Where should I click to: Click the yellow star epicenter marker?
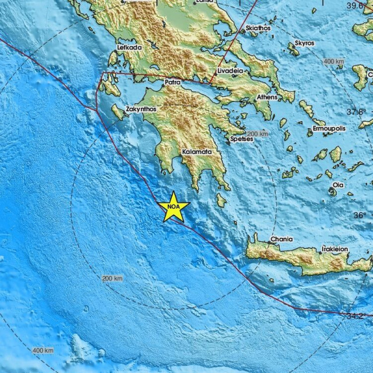point(174,207)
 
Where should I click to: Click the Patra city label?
point(173,82)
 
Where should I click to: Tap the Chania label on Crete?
point(281,240)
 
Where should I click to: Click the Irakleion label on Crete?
point(335,249)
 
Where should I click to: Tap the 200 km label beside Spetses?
point(257,134)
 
